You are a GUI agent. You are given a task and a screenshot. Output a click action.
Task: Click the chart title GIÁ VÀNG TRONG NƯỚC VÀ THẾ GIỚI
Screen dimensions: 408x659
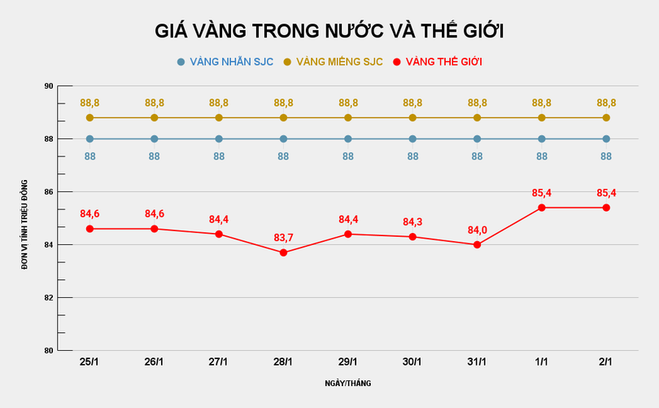[x=329, y=31]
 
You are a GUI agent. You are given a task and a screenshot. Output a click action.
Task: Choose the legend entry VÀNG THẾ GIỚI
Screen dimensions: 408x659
[x=443, y=62]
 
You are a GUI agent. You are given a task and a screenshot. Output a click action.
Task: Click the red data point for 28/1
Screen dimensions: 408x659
[x=283, y=252]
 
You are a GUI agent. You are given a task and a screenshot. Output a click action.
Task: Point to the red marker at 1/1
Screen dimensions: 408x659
[x=542, y=208]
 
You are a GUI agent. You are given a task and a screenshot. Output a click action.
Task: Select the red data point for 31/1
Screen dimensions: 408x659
[x=477, y=244]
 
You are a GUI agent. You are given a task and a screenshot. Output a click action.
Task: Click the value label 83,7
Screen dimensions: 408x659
[x=283, y=237]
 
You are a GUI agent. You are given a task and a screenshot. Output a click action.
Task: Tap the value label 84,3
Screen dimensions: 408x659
[x=412, y=222]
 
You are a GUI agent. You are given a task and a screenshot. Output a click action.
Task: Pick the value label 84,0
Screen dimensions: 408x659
[x=477, y=230]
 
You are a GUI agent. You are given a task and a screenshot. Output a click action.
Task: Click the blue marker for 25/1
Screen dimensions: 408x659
[x=89, y=138]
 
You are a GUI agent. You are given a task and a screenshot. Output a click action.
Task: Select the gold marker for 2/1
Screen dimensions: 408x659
[x=606, y=117]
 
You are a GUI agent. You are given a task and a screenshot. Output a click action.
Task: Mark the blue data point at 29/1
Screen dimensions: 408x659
[x=348, y=138]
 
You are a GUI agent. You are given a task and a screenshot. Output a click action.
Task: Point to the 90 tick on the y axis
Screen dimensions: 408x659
[x=49, y=86]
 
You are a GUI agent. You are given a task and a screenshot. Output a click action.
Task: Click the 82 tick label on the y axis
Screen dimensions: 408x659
[x=49, y=297]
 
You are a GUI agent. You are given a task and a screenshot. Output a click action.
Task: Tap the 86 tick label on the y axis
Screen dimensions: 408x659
[x=49, y=192]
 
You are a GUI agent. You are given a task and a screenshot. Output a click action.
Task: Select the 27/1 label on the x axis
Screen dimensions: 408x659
[x=219, y=362]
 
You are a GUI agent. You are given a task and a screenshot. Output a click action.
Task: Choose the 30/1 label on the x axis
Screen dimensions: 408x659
[x=412, y=362]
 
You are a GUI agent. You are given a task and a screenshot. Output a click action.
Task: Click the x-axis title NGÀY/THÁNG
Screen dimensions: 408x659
[x=348, y=382]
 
